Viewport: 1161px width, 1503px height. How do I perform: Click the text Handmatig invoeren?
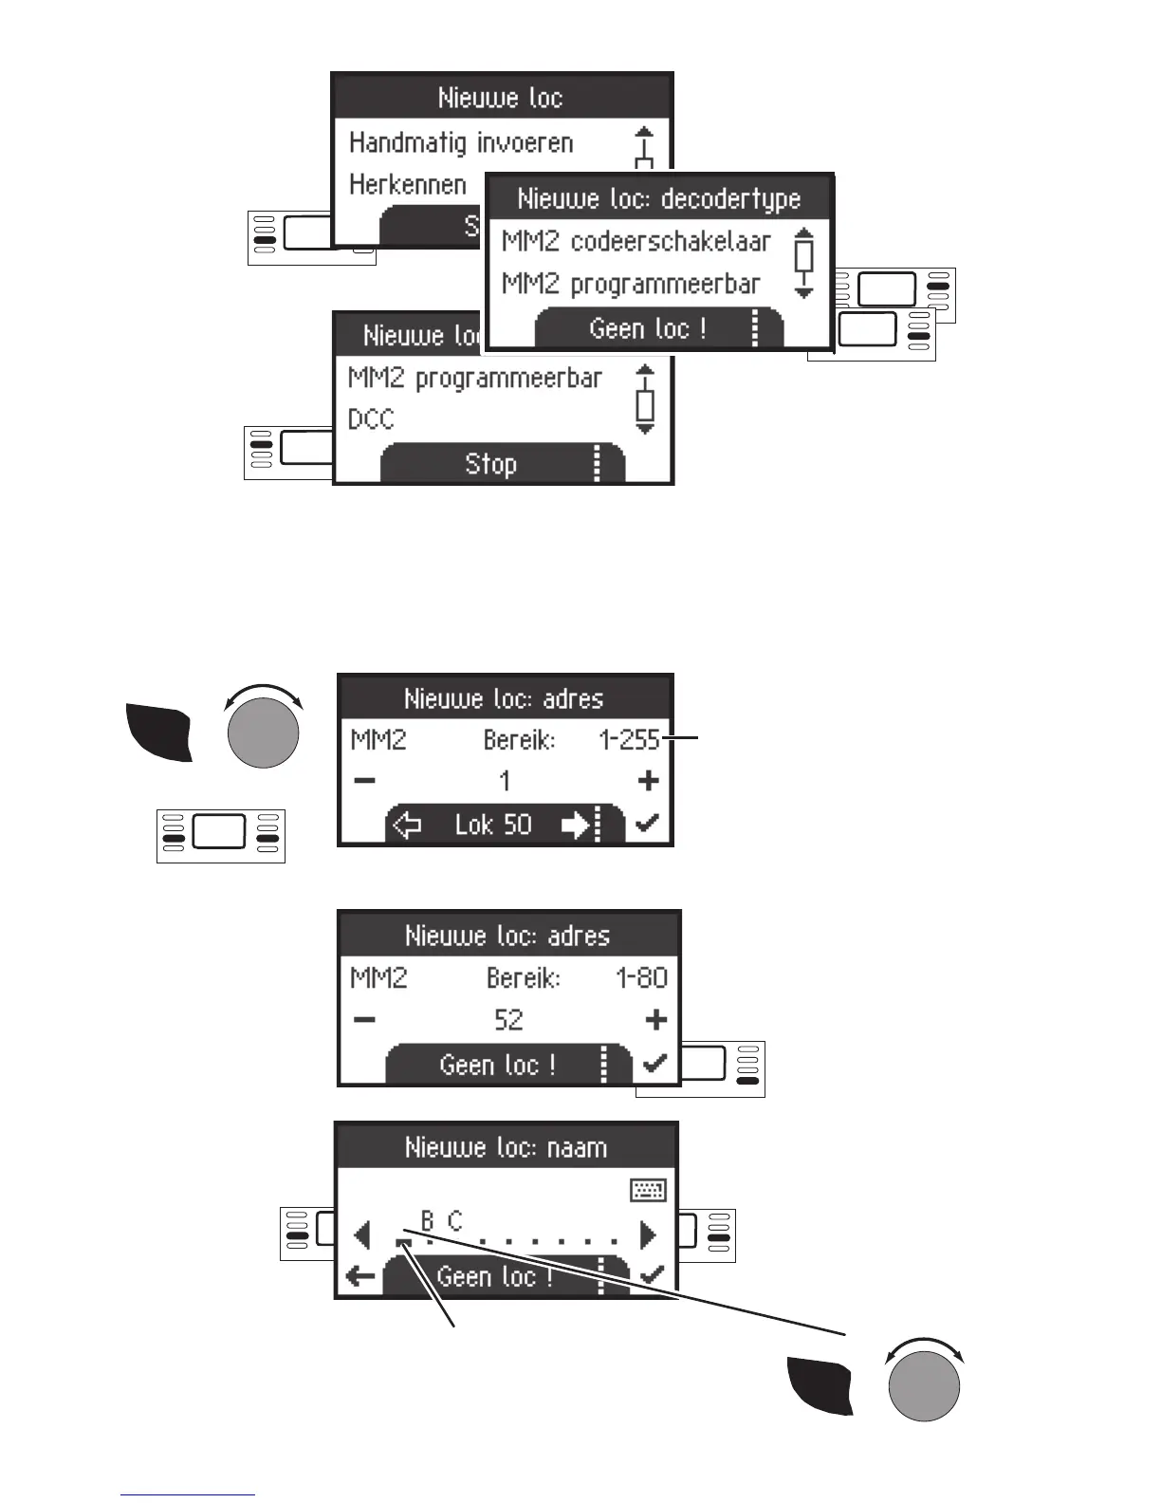point(461,143)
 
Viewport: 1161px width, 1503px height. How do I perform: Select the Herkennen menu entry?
point(408,184)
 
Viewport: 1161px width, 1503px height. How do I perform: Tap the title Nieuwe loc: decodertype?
point(658,199)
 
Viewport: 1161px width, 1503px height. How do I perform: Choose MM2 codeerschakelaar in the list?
point(636,242)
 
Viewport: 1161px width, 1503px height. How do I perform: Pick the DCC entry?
point(371,419)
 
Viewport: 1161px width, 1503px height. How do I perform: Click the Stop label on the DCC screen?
point(490,464)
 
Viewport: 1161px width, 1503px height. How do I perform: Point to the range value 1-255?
point(629,740)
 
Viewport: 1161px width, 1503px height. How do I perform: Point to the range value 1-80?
point(641,978)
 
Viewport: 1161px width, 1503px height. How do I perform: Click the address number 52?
point(508,1020)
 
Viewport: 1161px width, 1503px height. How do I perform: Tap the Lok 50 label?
point(493,825)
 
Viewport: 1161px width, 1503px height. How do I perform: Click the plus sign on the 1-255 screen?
point(649,781)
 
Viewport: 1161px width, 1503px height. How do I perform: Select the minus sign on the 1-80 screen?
point(364,1020)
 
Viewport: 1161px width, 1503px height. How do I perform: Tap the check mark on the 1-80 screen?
point(654,1064)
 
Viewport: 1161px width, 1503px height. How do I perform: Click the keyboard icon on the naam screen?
point(649,1190)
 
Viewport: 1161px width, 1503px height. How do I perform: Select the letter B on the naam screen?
point(428,1220)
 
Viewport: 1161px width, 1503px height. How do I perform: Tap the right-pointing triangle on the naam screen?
point(649,1234)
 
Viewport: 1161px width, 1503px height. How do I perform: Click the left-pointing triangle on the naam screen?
point(361,1234)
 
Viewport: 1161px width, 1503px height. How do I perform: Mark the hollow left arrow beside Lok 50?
point(407,826)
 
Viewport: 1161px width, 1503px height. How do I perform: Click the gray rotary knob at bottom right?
point(924,1384)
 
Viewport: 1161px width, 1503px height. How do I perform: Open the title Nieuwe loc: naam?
point(506,1148)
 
